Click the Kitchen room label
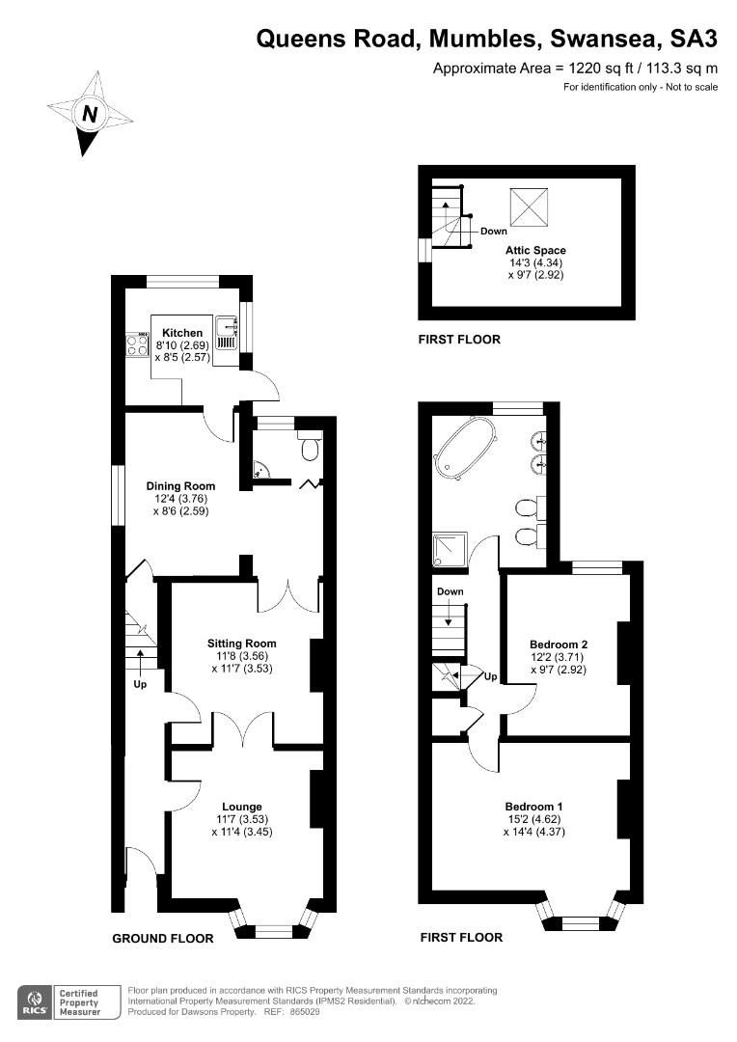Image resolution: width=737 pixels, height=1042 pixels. coord(182,333)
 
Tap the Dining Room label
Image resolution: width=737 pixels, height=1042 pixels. coord(180,485)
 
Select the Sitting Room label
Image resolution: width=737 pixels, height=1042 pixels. coord(241,644)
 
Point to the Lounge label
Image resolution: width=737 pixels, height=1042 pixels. coord(241,807)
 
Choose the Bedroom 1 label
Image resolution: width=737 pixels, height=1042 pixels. coord(533,807)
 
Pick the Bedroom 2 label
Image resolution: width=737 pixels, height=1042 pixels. coord(559,644)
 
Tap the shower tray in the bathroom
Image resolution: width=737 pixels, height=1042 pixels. coord(450,550)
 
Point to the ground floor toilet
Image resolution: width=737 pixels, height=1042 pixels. coord(310,449)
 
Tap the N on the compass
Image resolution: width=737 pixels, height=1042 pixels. coord(90,113)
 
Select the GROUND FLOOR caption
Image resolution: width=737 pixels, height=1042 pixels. coord(161,938)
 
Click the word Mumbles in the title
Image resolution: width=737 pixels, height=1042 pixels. coord(482,39)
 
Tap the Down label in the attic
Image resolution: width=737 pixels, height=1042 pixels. coord(493,231)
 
